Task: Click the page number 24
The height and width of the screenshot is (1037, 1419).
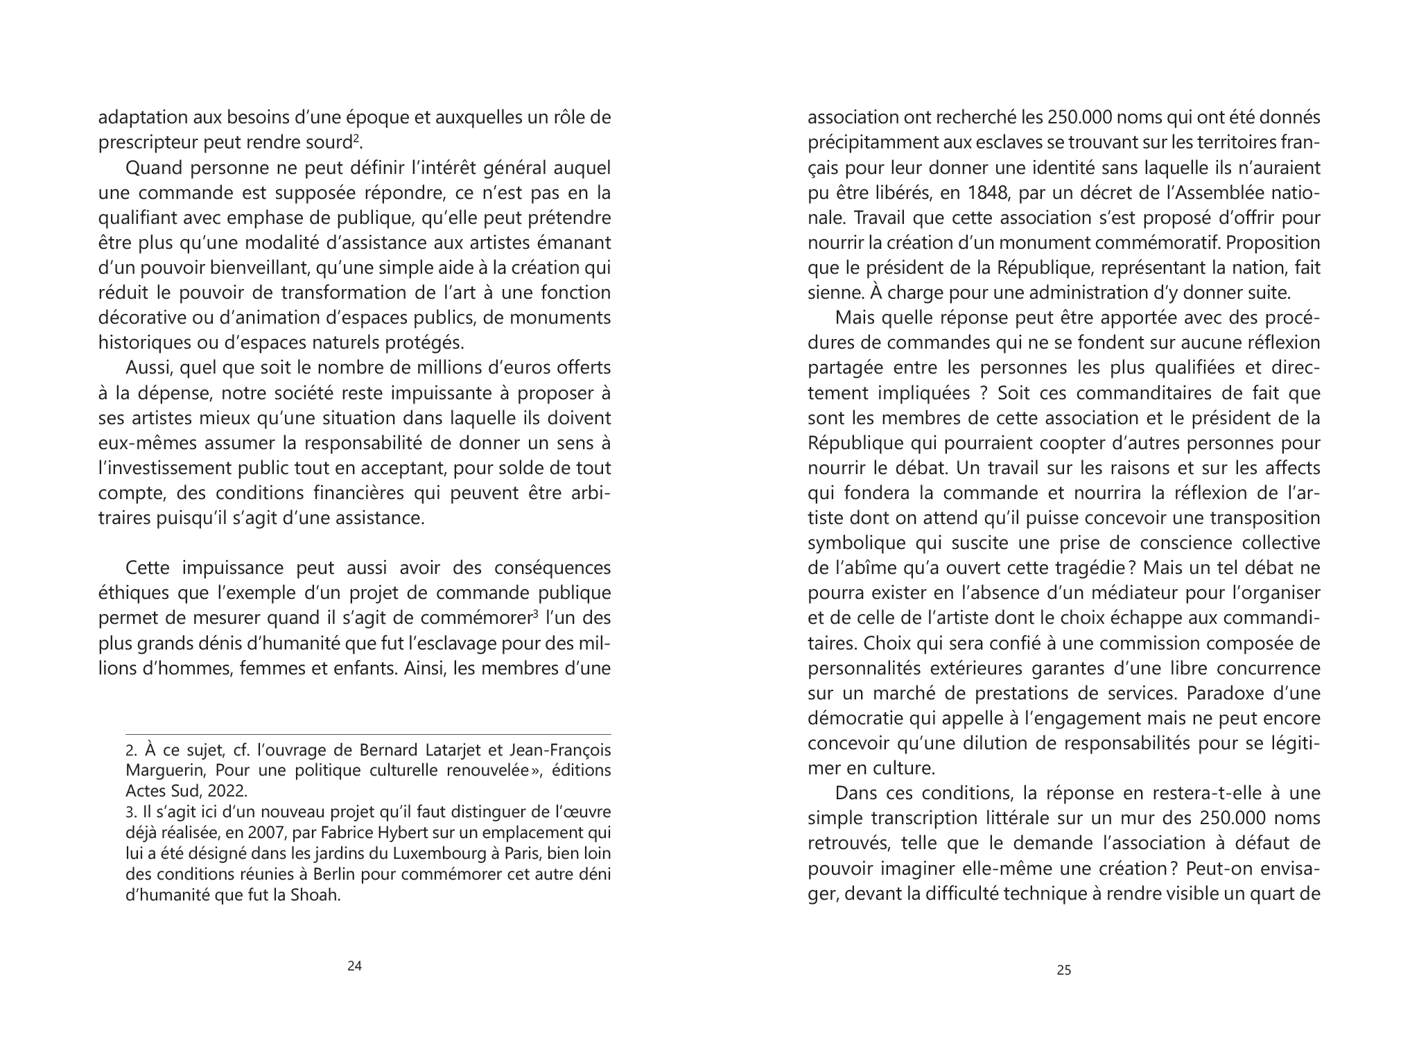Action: (x=354, y=966)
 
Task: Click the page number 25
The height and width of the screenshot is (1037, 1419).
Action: (x=1063, y=970)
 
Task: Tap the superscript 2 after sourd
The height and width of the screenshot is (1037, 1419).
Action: (x=356, y=139)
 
